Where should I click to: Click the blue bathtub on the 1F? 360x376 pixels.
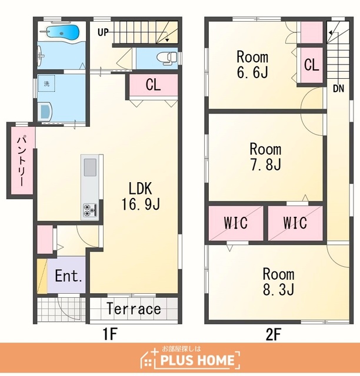62,32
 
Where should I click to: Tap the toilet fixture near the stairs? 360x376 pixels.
166,58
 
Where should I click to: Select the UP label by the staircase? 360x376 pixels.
103,32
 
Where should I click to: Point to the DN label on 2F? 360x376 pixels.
338,89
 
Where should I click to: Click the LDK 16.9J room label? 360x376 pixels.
141,196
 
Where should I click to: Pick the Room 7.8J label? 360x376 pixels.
265,156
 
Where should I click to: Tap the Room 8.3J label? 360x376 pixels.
279,281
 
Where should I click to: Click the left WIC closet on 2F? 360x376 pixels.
236,223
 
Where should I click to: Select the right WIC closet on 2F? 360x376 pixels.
295,223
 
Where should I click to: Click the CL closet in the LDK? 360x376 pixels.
154,85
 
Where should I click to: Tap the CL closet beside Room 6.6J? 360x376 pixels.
312,65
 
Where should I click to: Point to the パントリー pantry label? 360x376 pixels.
21,160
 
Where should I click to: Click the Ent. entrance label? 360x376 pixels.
69,276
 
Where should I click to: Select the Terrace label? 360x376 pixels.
134,308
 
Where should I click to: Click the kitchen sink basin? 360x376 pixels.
90,167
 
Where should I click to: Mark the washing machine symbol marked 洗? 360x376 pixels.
46,83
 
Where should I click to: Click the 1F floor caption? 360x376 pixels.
110,334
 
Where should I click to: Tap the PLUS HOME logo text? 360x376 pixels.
197,360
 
